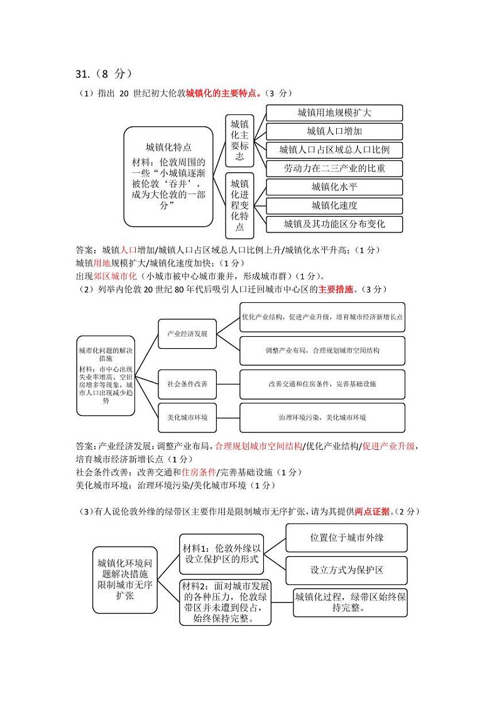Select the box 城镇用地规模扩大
point(334,112)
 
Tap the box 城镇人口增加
point(334,131)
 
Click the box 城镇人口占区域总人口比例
point(334,150)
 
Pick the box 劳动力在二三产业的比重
point(334,168)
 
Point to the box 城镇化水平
point(334,187)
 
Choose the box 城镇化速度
point(334,205)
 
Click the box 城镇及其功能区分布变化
point(334,224)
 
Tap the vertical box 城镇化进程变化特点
point(239,205)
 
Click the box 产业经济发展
point(187,333)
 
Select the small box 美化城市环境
point(187,417)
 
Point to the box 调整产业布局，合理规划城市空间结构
point(322,350)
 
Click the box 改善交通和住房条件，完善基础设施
point(322,383)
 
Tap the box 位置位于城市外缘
point(347,538)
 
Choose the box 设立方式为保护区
point(347,570)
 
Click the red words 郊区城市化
point(115,276)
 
